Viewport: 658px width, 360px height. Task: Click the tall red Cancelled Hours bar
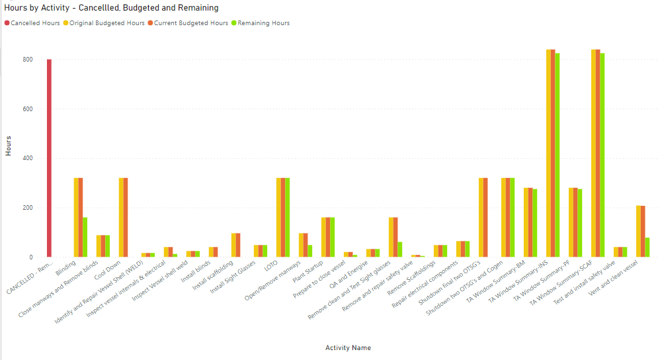coord(49,159)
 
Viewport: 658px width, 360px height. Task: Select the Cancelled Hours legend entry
coord(35,23)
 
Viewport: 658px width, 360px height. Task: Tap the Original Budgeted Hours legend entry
coord(103,23)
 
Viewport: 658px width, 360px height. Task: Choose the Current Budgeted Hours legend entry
coord(187,23)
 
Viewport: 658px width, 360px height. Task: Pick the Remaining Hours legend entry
coord(263,23)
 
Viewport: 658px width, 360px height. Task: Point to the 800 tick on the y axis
coord(26,60)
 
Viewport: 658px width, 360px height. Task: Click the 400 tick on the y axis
coord(26,158)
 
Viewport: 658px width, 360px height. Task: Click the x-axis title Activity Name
coord(348,347)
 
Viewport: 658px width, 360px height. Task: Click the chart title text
coord(112,8)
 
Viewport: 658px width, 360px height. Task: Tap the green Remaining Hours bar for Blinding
coord(85,237)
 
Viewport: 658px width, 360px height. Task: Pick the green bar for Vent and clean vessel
coord(647,247)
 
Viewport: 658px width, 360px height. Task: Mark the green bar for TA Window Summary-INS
coord(557,155)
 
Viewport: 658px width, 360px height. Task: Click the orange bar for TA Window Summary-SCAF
coord(598,153)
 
